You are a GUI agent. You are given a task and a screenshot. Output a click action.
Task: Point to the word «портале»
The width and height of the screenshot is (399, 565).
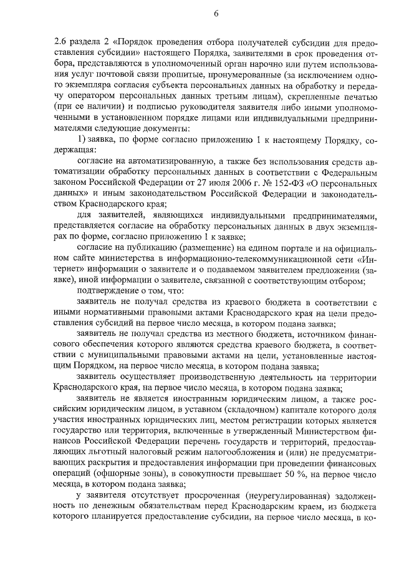[x=287, y=248]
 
